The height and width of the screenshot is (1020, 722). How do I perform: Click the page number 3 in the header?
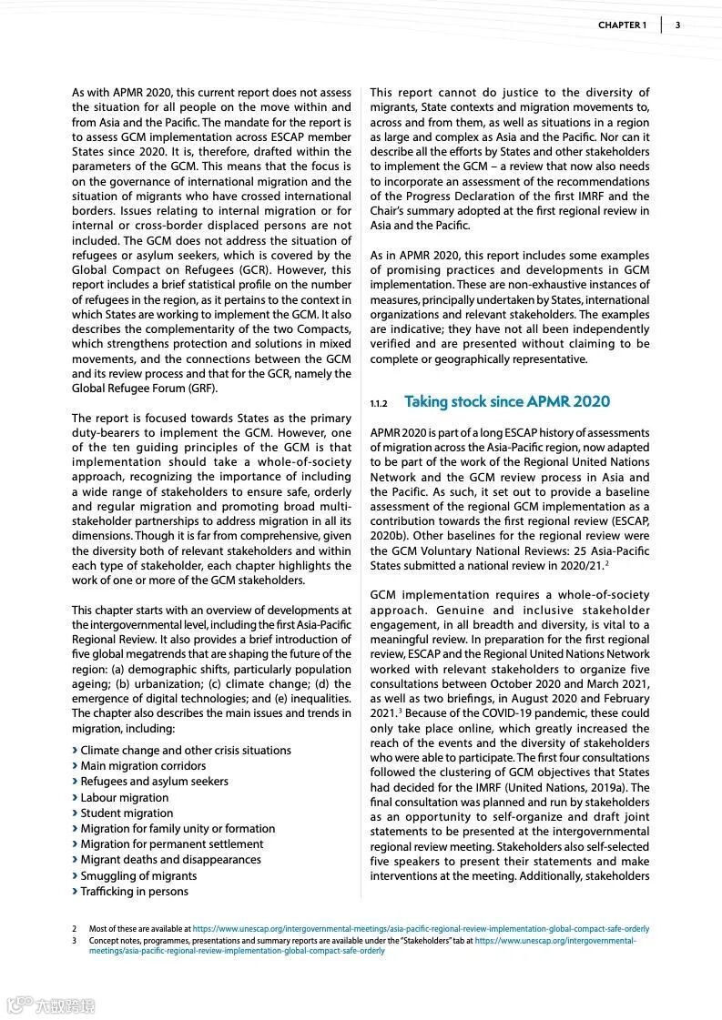tap(677, 25)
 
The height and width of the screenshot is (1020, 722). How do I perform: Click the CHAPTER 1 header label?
tap(622, 25)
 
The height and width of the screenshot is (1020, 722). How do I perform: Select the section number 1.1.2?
tap(379, 403)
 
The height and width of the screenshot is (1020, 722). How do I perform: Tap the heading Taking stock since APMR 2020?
tap(507, 401)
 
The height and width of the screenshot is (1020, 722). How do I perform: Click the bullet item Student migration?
tap(127, 813)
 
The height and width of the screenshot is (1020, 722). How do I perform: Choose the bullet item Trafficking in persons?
tap(134, 892)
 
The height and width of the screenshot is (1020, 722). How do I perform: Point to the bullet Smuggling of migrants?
tap(138, 876)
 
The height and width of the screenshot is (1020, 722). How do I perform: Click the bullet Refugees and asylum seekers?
tap(154, 782)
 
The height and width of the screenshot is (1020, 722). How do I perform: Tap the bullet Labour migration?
tap(125, 798)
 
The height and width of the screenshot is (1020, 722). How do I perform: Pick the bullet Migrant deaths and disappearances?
tap(170, 860)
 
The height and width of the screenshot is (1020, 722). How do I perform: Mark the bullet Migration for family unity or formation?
tap(178, 829)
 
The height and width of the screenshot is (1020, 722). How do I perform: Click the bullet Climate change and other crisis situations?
tap(186, 751)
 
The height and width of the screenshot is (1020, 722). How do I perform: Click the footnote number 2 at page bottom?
tap(75, 929)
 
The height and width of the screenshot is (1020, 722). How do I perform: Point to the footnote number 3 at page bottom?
tap(75, 940)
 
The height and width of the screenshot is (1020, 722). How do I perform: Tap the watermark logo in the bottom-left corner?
tap(52, 1005)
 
